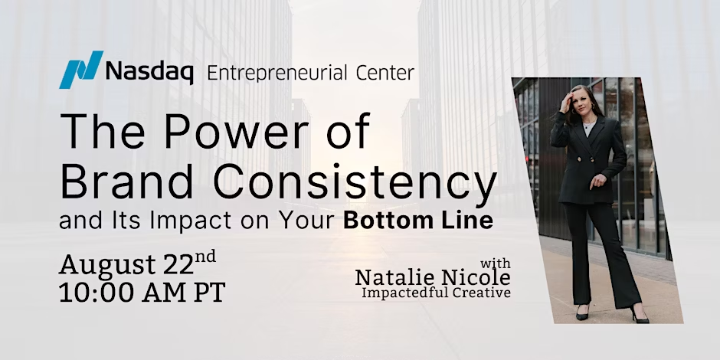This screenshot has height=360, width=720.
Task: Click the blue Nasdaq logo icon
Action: tap(81, 70)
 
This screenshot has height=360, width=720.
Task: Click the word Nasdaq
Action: tap(149, 73)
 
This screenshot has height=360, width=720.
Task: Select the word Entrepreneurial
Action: tap(277, 73)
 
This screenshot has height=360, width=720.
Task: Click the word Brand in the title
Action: tap(126, 182)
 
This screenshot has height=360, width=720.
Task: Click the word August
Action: tap(107, 266)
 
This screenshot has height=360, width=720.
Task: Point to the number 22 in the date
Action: tap(178, 265)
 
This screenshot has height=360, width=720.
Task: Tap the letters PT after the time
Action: tap(209, 293)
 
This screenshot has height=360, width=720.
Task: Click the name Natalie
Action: tap(392, 278)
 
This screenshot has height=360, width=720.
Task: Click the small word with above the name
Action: tap(495, 264)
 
